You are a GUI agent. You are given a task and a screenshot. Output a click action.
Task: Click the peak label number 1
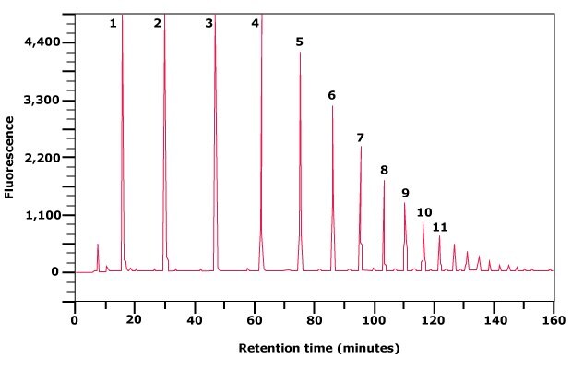pyautogui.click(x=113, y=23)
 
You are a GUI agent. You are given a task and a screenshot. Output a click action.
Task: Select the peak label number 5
pyautogui.click(x=299, y=42)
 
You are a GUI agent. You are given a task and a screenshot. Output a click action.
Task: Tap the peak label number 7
pyautogui.click(x=360, y=138)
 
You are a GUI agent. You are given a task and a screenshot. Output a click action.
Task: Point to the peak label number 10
pyautogui.click(x=423, y=212)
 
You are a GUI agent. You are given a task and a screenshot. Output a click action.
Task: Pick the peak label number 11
pyautogui.click(x=440, y=227)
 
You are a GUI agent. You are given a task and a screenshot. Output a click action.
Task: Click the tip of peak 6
pyautogui.click(x=332, y=106)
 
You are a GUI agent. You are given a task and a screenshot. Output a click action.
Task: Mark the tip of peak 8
pyautogui.click(x=384, y=181)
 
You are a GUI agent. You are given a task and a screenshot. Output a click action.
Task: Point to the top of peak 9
pyautogui.click(x=404, y=203)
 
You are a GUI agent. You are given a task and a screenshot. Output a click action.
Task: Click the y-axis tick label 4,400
pyautogui.click(x=42, y=42)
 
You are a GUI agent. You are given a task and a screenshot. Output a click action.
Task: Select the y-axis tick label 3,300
pyautogui.click(x=42, y=100)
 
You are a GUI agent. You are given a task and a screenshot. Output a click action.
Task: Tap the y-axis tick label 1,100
pyautogui.click(x=42, y=215)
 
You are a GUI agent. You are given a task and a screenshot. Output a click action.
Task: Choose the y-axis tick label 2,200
pyautogui.click(x=42, y=158)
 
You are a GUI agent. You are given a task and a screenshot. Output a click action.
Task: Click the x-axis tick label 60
pyautogui.click(x=254, y=320)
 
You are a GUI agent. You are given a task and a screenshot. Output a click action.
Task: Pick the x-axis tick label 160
pyautogui.click(x=553, y=320)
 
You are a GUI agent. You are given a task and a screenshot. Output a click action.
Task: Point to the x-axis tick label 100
pyautogui.click(x=374, y=320)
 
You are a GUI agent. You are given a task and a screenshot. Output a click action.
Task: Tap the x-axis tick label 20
pyautogui.click(x=134, y=320)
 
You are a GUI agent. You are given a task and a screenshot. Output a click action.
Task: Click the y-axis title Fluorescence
pyautogui.click(x=9, y=157)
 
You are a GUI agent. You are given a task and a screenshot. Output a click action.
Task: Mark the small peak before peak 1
pyautogui.click(x=98, y=245)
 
